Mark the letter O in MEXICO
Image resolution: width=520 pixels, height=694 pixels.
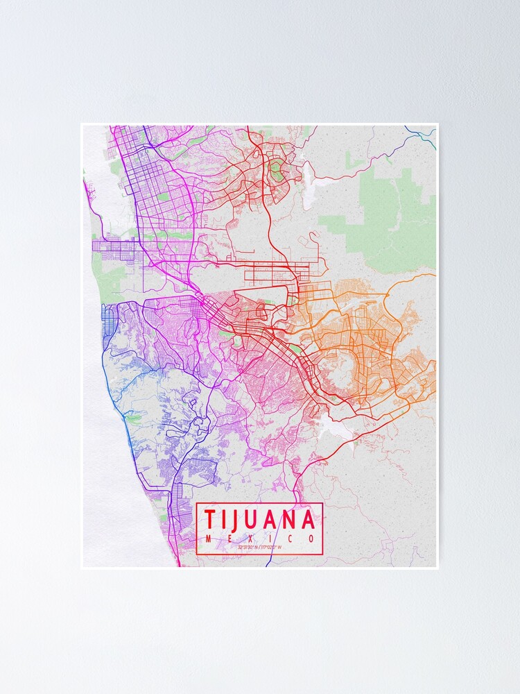pyautogui.click(x=311, y=539)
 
